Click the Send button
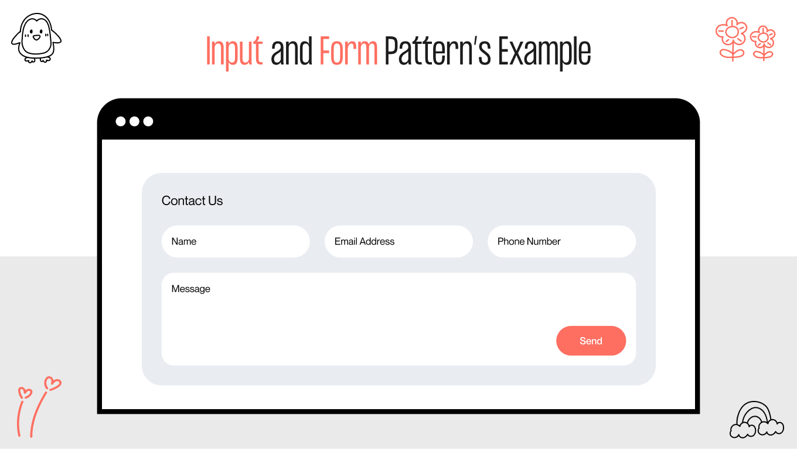tap(591, 341)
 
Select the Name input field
tap(236, 241)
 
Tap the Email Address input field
tap(398, 241)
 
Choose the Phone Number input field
tap(561, 241)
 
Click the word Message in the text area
tap(190, 288)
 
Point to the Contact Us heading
tap(192, 200)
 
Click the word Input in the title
tap(234, 52)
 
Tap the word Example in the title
tap(544, 52)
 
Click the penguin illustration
tap(36, 38)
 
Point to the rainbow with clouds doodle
tap(756, 420)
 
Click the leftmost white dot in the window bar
tap(121, 121)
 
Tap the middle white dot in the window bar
tap(135, 121)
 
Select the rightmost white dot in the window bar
tap(148, 121)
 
